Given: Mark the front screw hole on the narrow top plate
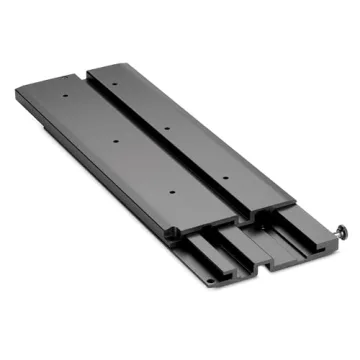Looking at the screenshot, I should pyautogui.click(x=225, y=177).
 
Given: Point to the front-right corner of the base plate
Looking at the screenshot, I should pyautogui.click(x=339, y=251).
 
